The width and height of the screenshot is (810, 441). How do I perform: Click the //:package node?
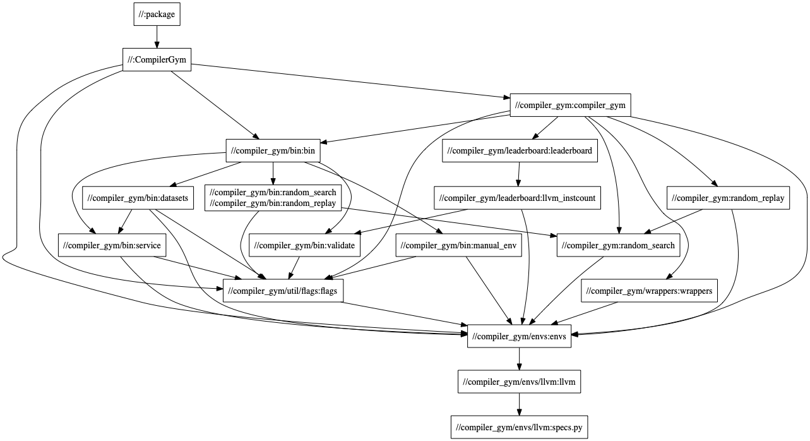coord(157,15)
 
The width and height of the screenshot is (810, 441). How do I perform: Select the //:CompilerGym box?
coord(157,60)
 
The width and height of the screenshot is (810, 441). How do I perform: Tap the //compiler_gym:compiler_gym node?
coord(570,105)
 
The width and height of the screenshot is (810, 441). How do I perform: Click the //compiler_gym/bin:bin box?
coord(273,150)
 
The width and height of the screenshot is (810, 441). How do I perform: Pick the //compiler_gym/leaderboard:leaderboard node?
coord(520,150)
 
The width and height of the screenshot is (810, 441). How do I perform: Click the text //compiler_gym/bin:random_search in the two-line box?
coord(273,192)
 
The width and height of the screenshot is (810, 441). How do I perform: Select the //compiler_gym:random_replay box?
coord(728,198)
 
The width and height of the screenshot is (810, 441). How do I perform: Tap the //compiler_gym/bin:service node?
coord(111,245)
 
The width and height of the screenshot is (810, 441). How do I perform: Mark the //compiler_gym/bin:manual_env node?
coord(459,245)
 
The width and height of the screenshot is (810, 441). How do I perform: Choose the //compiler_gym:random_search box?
coord(618,245)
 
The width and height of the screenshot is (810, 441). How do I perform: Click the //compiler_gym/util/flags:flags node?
coord(283,291)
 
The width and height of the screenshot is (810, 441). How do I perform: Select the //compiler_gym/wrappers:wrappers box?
coord(649,291)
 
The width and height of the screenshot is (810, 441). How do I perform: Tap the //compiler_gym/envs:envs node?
coord(520,337)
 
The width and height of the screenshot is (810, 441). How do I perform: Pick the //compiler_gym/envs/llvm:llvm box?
coord(519,382)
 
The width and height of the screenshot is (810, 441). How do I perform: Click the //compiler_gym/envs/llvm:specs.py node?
coord(519,428)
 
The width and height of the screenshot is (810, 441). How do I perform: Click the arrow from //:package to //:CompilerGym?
coord(157,37)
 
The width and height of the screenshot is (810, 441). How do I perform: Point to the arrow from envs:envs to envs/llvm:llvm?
coord(519,359)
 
